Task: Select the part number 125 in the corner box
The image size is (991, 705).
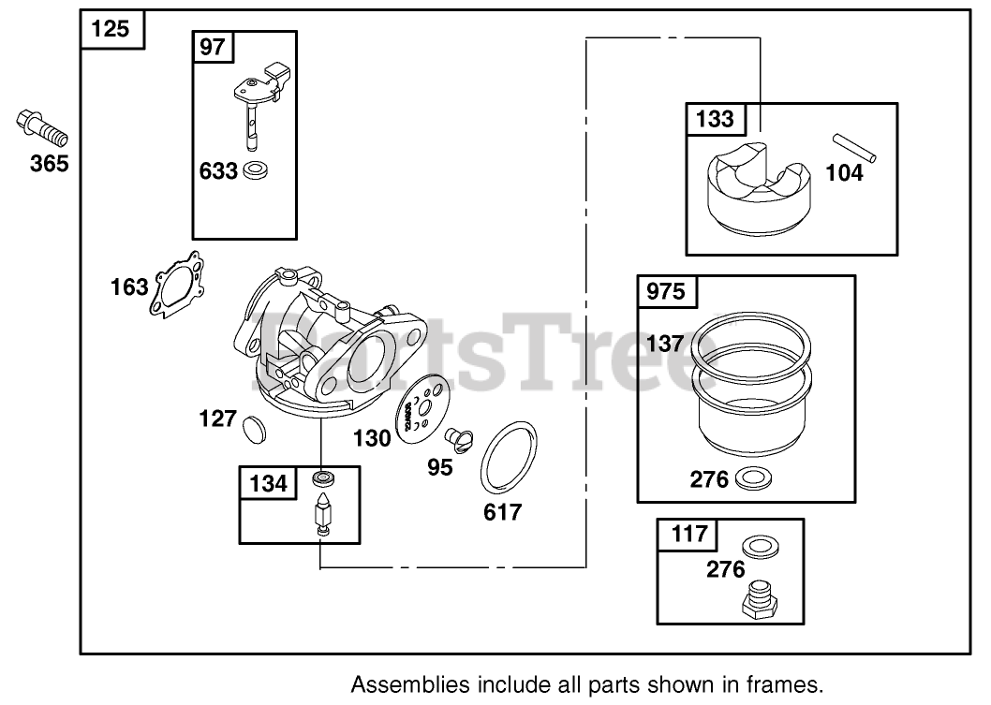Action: tap(111, 30)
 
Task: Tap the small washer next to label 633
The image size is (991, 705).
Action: tap(254, 171)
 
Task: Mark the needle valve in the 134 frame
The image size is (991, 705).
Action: tap(324, 511)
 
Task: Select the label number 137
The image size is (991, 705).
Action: tap(665, 343)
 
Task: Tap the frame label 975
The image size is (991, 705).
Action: tap(667, 290)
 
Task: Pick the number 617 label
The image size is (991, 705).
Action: tap(503, 512)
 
